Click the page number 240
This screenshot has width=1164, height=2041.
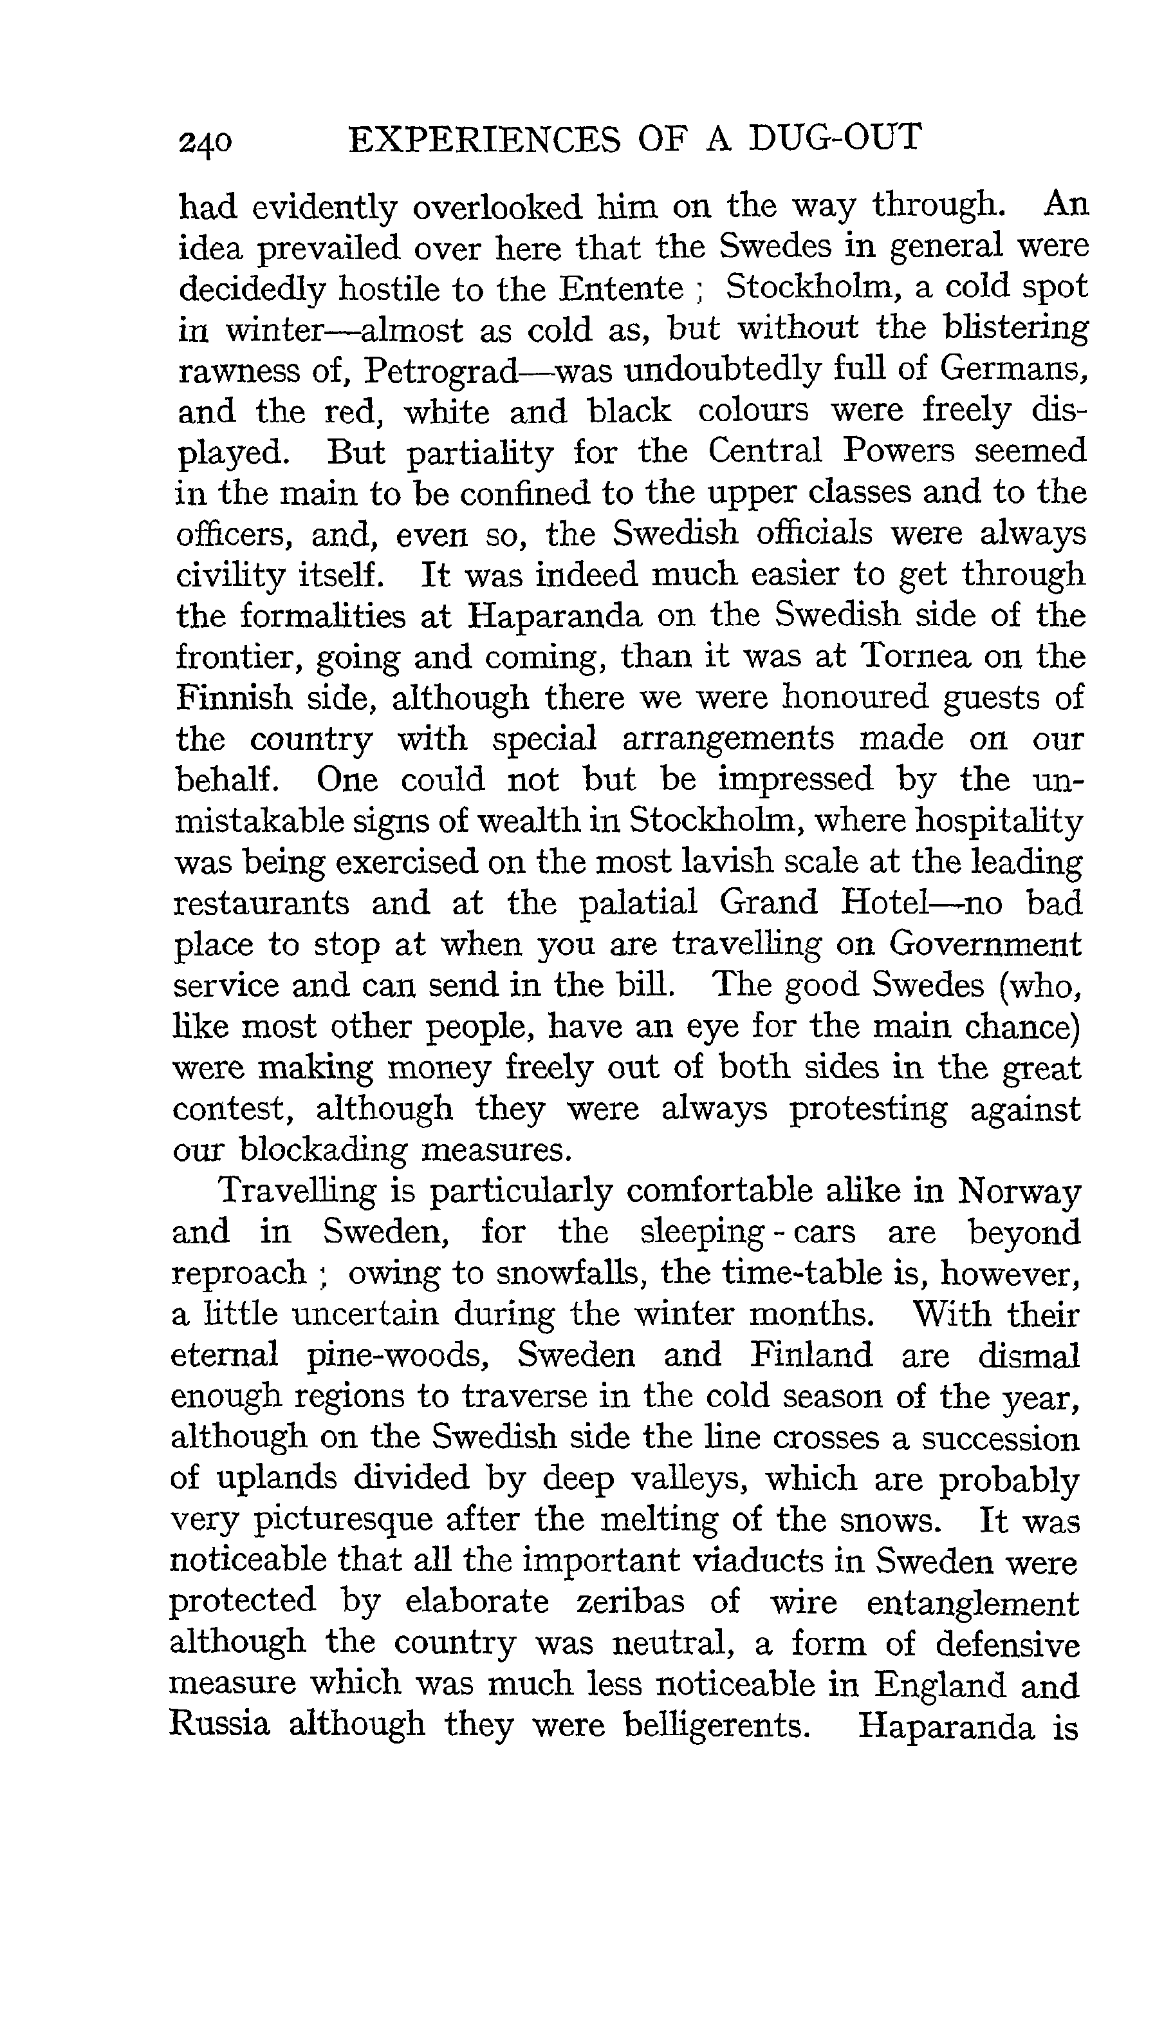click(x=207, y=142)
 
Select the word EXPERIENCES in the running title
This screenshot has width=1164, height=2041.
click(x=485, y=139)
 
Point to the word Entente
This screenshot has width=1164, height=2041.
click(x=621, y=288)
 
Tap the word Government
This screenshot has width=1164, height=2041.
click(x=985, y=945)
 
